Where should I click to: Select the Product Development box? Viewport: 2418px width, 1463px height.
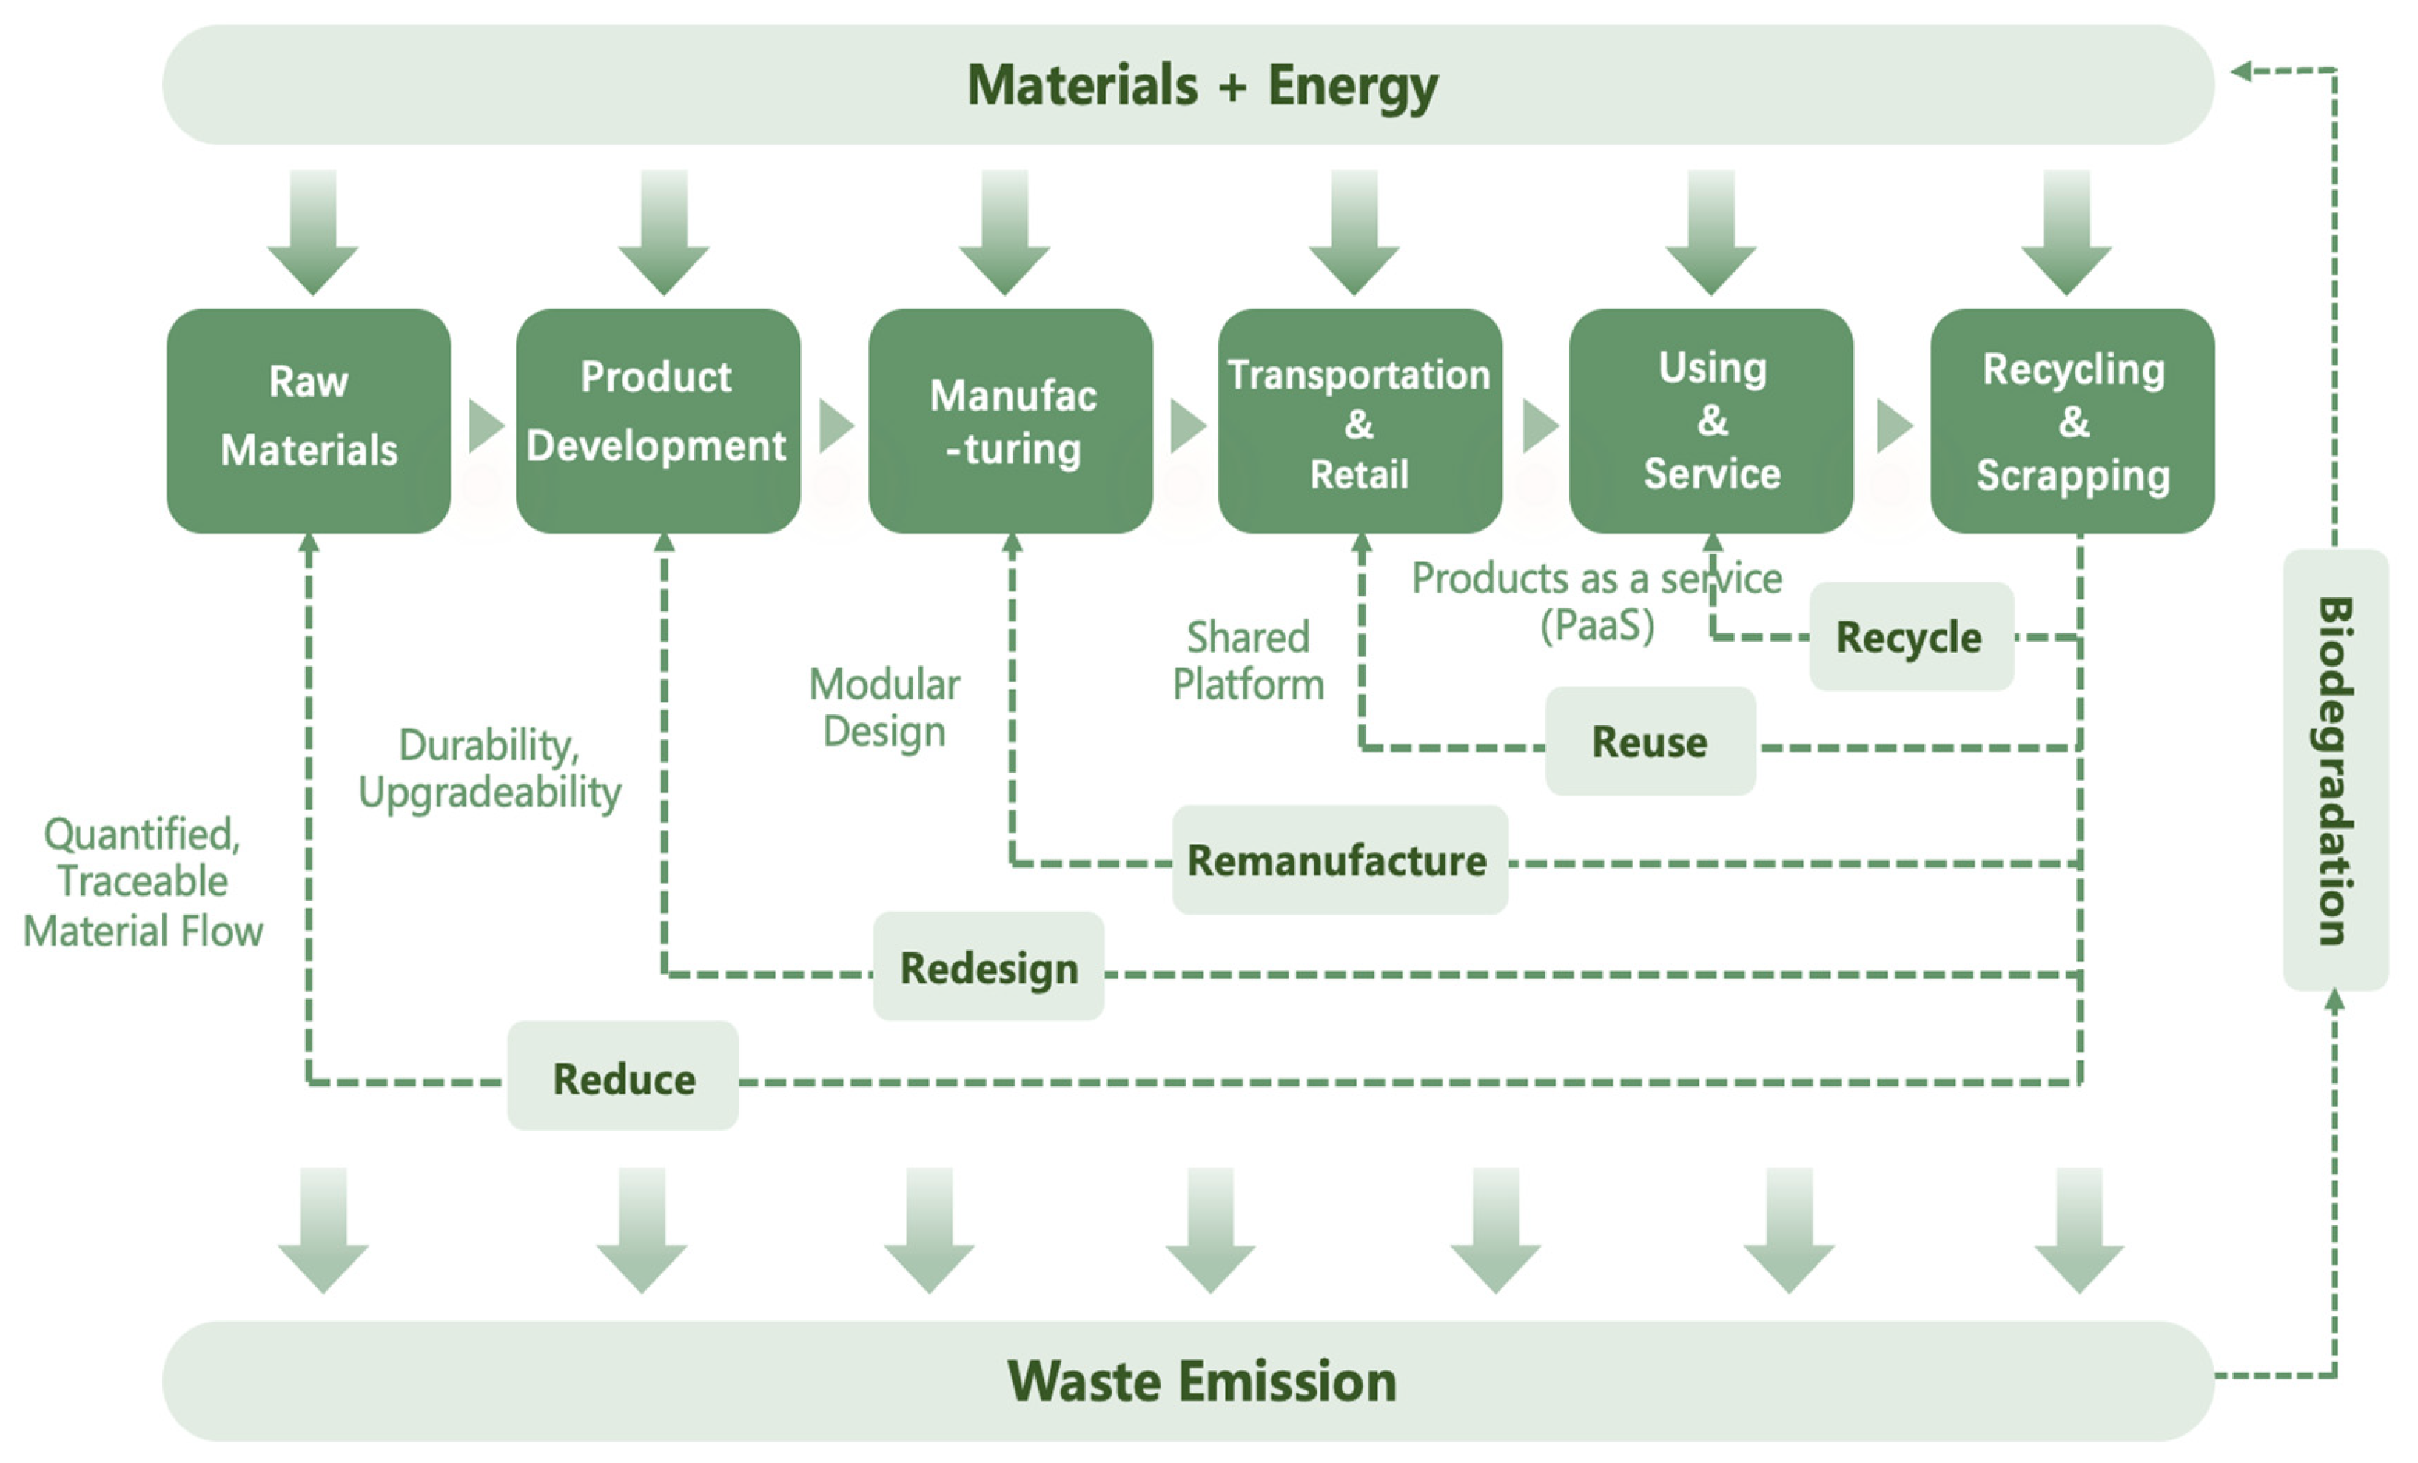pyautogui.click(x=657, y=420)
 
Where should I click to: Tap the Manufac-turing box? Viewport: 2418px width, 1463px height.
pyautogui.click(x=1011, y=420)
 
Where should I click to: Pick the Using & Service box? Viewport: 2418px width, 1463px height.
pyautogui.click(x=1711, y=420)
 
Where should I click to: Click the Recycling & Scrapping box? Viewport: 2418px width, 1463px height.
pyautogui.click(x=2072, y=420)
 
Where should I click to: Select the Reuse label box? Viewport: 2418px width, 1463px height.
pyautogui.click(x=1650, y=741)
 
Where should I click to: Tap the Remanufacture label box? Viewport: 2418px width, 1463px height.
pyautogui.click(x=1339, y=860)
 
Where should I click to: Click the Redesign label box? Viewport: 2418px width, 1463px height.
pyautogui.click(x=988, y=966)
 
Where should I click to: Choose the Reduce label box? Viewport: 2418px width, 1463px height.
pyautogui.click(x=623, y=1077)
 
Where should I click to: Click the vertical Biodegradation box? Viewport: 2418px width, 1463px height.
pyautogui.click(x=2336, y=770)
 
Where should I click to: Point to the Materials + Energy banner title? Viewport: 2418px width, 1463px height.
pyautogui.click(x=1202, y=84)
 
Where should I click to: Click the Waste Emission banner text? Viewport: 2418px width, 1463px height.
pyautogui.click(x=1202, y=1381)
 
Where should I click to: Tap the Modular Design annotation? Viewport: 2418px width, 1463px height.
pyautogui.click(x=884, y=707)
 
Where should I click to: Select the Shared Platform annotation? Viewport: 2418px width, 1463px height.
pyautogui.click(x=1249, y=660)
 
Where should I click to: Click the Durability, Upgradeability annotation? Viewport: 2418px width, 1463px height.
pyautogui.click(x=488, y=768)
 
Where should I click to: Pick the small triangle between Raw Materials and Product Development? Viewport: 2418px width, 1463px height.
pyautogui.click(x=485, y=426)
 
